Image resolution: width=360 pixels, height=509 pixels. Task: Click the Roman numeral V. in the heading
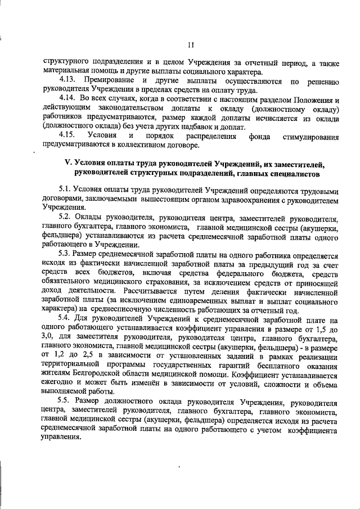[x=69, y=163]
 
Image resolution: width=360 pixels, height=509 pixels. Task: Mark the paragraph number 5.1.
[x=66, y=190]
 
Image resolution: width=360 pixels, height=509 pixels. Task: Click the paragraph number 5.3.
[x=66, y=255]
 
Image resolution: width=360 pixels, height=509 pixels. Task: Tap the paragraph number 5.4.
[x=66, y=319]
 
